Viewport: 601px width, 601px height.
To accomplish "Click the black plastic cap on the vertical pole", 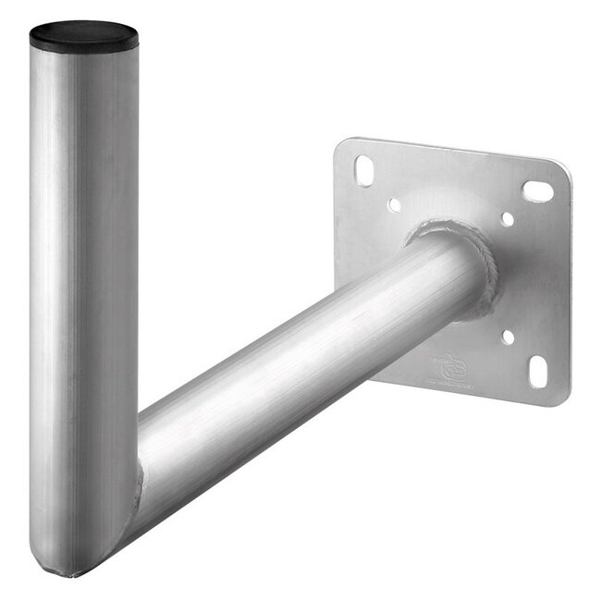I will point(84,39).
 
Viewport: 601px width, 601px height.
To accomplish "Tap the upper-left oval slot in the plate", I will point(363,171).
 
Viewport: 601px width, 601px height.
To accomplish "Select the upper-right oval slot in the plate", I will point(537,191).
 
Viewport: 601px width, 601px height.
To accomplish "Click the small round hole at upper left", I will point(395,203).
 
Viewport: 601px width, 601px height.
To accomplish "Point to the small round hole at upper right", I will point(507,220).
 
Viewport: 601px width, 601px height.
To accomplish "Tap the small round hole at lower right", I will point(508,337).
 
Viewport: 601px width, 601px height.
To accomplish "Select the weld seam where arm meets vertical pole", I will point(139,481).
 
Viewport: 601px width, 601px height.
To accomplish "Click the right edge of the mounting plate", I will point(566,287).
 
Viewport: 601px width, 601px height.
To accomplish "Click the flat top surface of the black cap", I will point(84,32).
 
